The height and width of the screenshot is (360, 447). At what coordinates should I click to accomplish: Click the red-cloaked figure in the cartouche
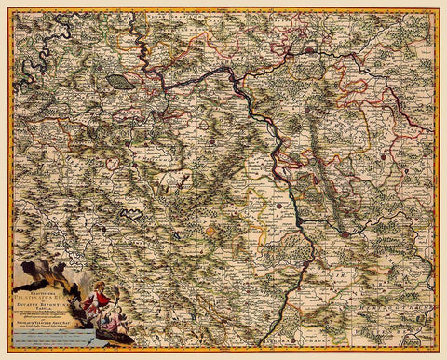(94, 298)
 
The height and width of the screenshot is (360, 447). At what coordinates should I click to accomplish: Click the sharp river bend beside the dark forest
(140, 67)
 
